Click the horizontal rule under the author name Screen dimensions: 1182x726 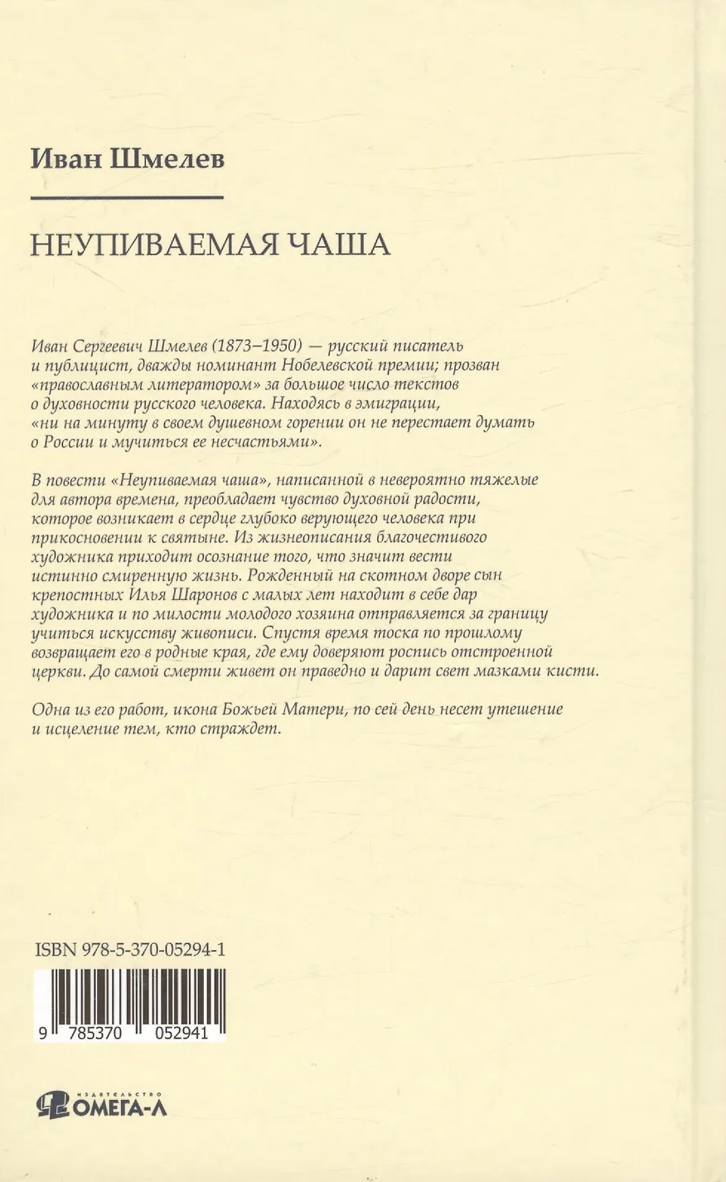[x=127, y=197]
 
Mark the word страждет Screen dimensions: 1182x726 [x=248, y=729]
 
